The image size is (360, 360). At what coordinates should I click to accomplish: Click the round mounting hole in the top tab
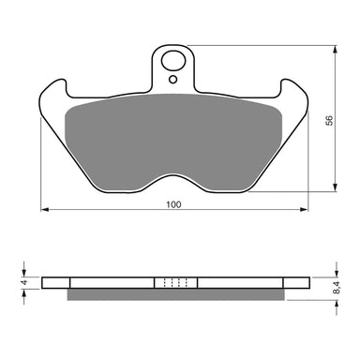(x=173, y=64)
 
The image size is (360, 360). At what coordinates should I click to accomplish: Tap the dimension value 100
(x=172, y=203)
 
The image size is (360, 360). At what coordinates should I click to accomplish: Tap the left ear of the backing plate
(x=54, y=92)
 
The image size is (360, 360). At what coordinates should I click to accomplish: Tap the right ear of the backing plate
(x=292, y=92)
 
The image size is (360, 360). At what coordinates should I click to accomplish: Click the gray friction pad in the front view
(x=173, y=131)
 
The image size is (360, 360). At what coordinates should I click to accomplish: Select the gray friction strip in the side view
(x=173, y=294)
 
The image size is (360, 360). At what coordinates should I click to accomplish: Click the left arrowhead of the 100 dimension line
(x=44, y=210)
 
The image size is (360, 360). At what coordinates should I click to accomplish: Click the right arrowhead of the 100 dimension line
(x=302, y=210)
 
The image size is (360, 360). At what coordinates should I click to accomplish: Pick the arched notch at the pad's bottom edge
(x=173, y=174)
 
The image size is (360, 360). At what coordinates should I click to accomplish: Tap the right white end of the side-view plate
(x=295, y=282)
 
